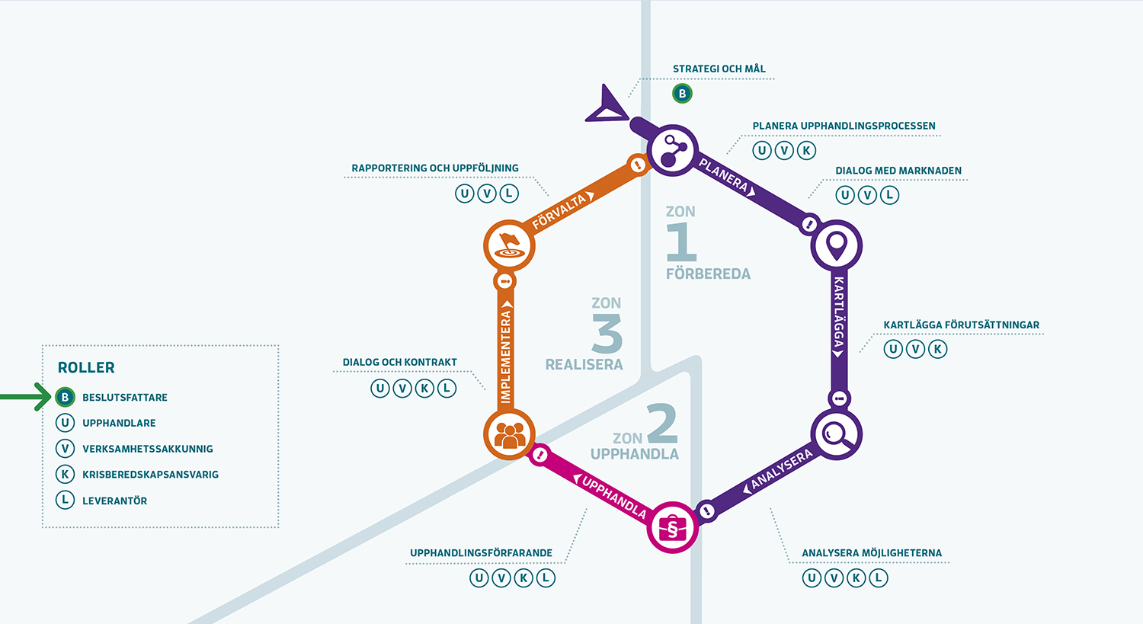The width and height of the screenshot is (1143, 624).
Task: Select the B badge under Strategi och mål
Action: [682, 94]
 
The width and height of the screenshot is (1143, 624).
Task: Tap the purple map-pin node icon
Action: [837, 245]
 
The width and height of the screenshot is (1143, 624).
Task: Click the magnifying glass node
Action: [836, 435]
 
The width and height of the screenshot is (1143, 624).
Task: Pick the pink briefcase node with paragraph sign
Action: [672, 527]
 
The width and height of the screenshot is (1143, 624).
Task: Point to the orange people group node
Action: [509, 434]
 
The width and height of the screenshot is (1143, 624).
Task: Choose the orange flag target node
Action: [509, 245]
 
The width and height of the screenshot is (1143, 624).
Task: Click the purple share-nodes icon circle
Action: [672, 150]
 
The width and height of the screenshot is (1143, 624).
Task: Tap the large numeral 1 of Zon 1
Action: [681, 242]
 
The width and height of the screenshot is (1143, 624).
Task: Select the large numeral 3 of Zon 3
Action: [607, 334]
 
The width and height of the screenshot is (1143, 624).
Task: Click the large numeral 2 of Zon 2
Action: [662, 424]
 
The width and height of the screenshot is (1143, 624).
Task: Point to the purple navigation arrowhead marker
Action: [607, 105]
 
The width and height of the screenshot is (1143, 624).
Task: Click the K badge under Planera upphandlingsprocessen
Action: [806, 150]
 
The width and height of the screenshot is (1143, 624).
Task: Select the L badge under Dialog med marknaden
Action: [889, 195]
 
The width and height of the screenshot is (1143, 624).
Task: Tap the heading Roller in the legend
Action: [86, 367]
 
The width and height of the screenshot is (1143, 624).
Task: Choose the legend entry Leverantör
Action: [114, 501]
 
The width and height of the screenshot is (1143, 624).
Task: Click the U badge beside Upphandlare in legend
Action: [66, 423]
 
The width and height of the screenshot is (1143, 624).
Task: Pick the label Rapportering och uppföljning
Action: [435, 168]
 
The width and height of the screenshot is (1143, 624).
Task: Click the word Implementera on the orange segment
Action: [505, 357]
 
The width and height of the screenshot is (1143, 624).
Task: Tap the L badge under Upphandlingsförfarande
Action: [546, 578]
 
